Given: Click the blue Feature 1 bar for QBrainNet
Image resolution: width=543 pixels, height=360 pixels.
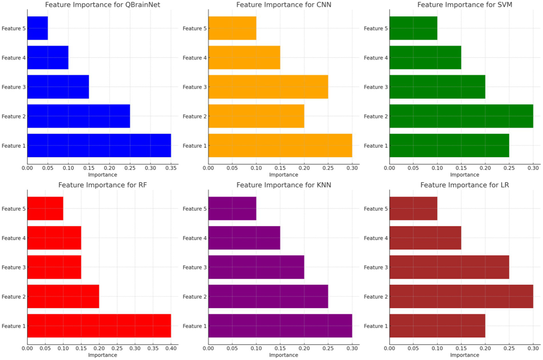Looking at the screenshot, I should pyautogui.click(x=99, y=145).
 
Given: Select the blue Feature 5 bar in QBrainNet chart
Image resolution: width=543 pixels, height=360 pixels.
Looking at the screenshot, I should pyautogui.click(x=37, y=28).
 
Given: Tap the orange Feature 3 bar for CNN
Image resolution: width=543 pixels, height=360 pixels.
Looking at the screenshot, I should pyautogui.click(x=268, y=87).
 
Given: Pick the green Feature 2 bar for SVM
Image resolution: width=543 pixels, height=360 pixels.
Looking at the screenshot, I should pyautogui.click(x=461, y=116).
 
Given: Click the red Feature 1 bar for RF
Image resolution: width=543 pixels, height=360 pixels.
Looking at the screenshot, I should pyautogui.click(x=99, y=326).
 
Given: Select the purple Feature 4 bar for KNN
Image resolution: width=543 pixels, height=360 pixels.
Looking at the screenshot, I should pyautogui.click(x=244, y=238).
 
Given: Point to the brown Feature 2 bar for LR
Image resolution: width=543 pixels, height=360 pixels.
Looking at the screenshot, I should pyautogui.click(x=461, y=296).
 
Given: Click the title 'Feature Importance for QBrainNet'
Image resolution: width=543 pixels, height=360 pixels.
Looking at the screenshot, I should pyautogui.click(x=103, y=5).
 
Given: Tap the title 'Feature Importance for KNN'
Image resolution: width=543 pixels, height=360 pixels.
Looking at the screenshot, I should pyautogui.click(x=284, y=185).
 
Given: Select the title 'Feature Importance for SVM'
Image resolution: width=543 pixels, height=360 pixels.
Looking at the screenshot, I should pyautogui.click(x=464, y=5).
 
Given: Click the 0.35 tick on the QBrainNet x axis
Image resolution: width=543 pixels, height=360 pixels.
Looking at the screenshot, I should pyautogui.click(x=171, y=168).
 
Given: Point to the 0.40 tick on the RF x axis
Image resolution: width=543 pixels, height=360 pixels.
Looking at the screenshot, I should pyautogui.click(x=171, y=348).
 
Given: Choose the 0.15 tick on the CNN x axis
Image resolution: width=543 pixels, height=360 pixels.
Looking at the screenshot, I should pyautogui.click(x=280, y=168).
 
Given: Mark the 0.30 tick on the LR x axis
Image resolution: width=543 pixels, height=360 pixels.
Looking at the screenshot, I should pyautogui.click(x=533, y=348).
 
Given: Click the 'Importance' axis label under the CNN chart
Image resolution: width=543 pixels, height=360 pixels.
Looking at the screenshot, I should pyautogui.click(x=284, y=175).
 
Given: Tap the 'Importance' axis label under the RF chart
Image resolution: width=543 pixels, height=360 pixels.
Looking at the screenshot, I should pyautogui.click(x=103, y=355).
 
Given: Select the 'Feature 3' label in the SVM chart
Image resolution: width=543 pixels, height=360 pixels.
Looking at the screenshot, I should pyautogui.click(x=376, y=87).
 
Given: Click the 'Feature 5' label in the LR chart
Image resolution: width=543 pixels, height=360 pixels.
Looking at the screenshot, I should pyautogui.click(x=376, y=209).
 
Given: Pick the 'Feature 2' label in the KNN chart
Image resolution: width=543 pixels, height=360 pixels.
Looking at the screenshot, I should pyautogui.click(x=195, y=297).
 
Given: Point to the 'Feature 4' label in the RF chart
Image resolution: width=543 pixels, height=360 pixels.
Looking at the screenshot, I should pyautogui.click(x=13, y=238).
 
